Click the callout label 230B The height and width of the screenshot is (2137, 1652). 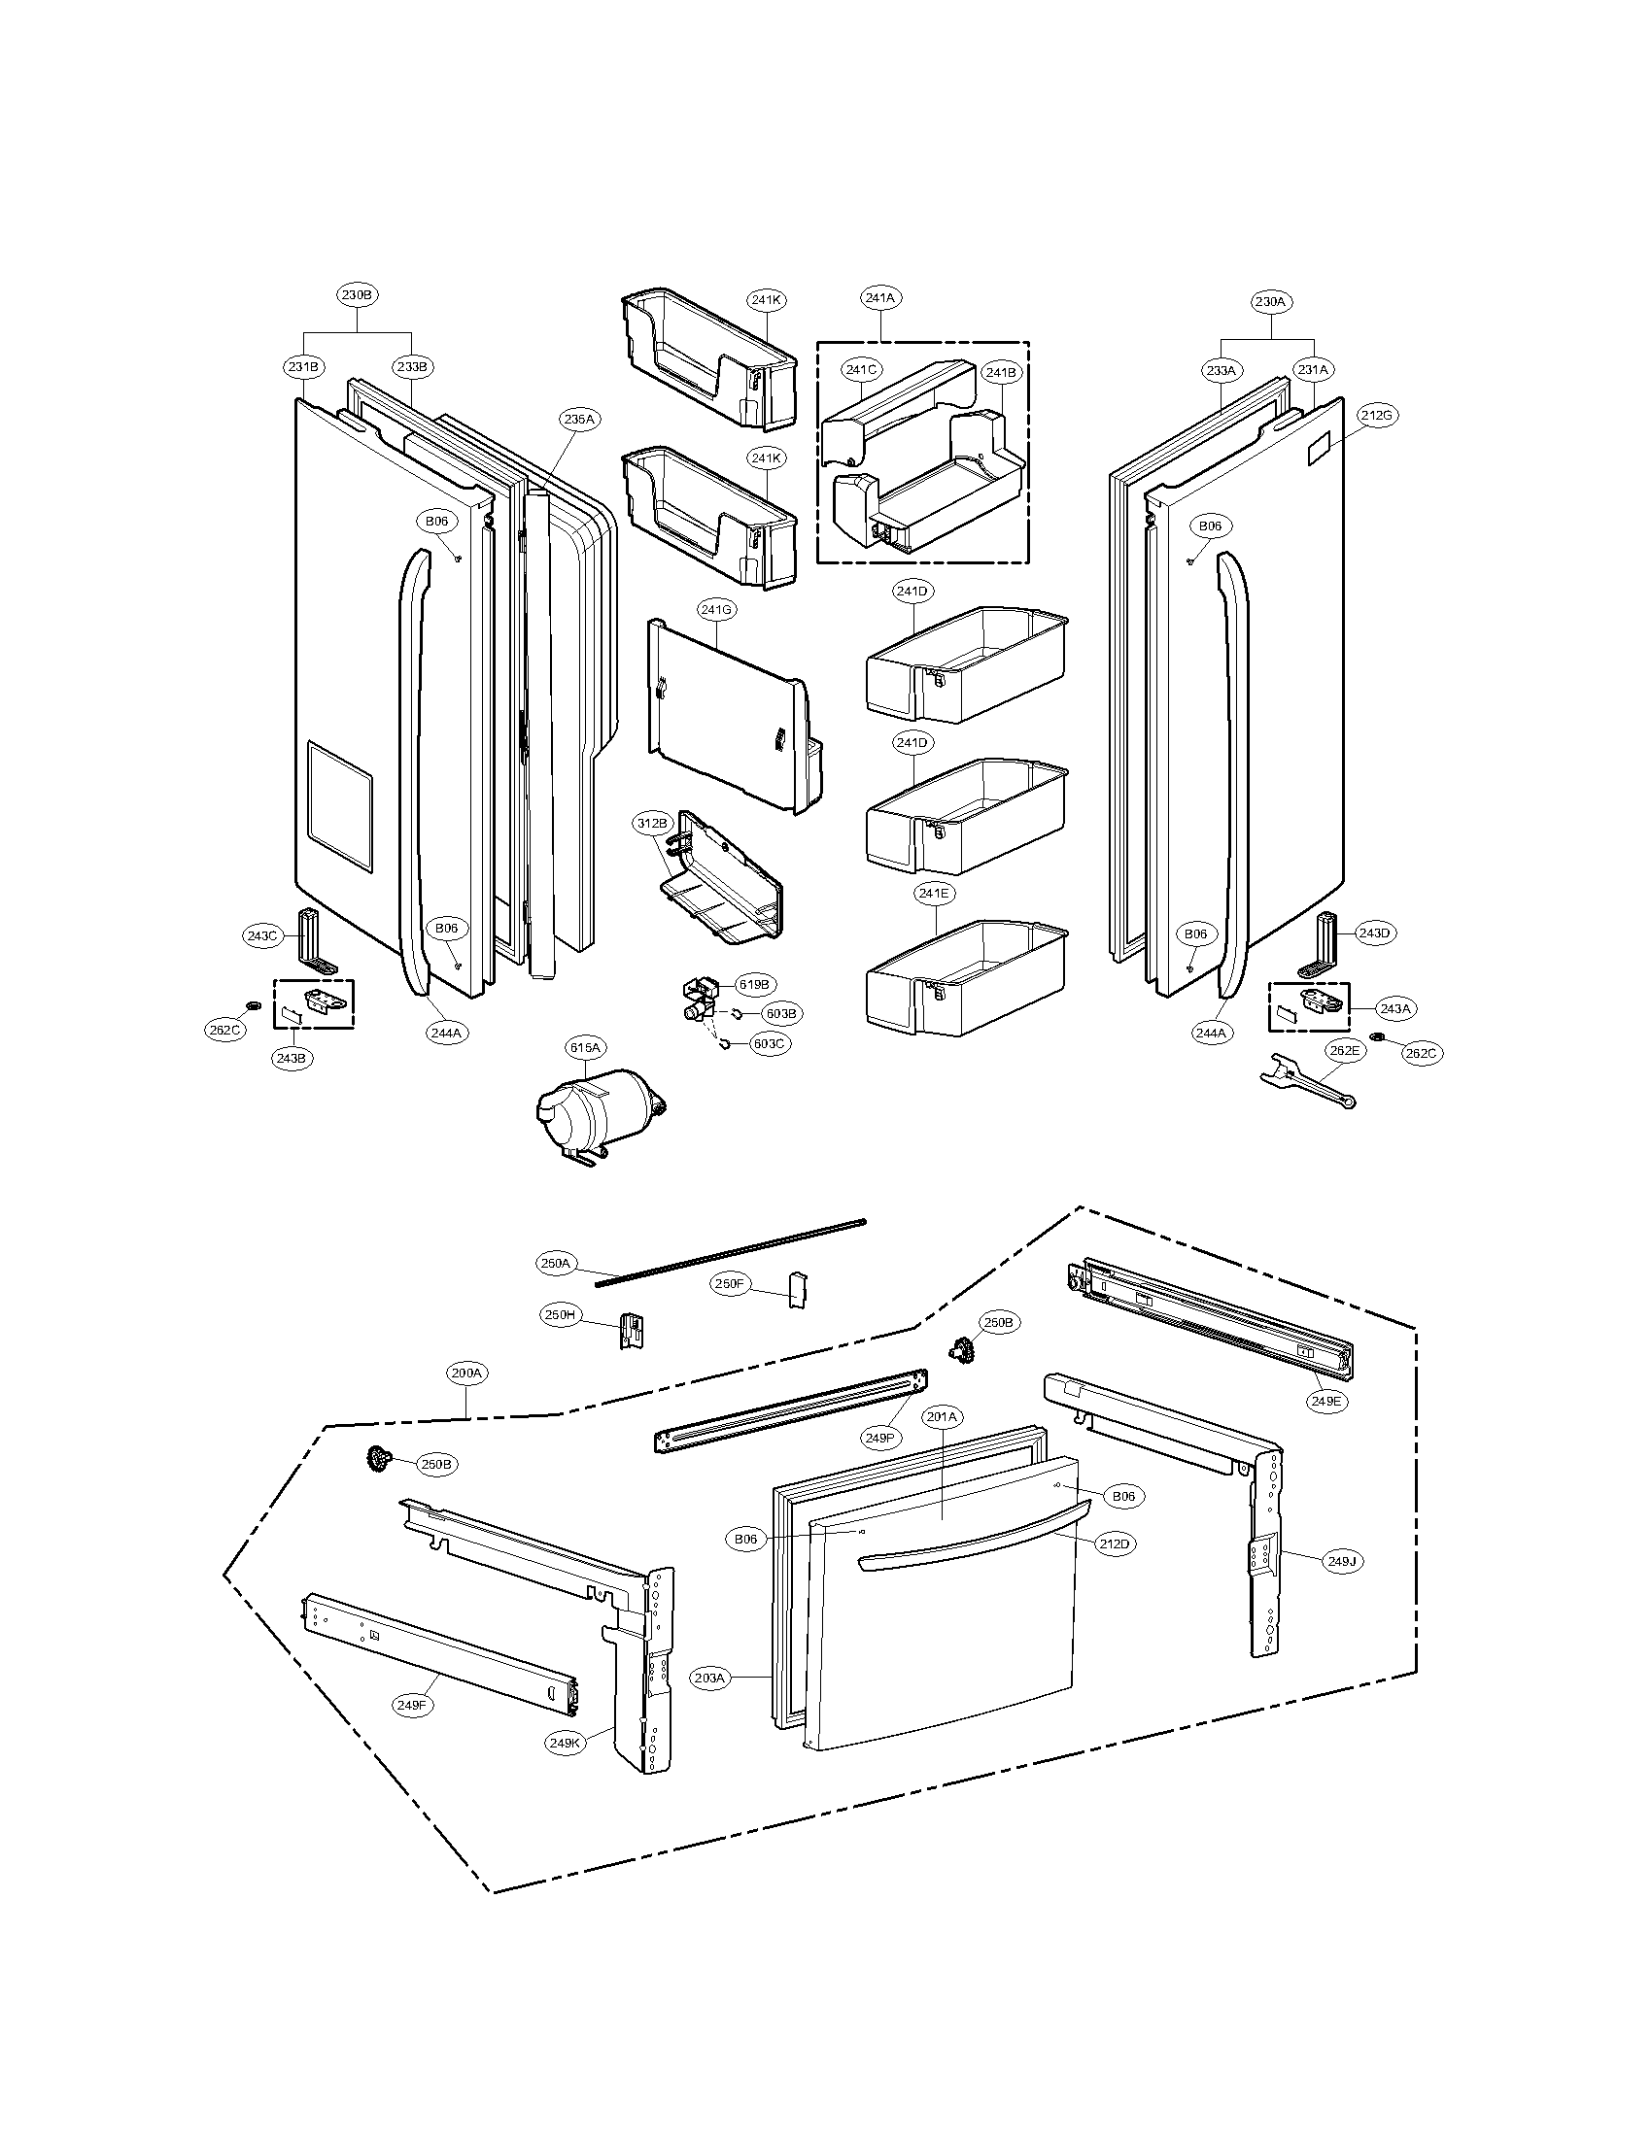tap(358, 294)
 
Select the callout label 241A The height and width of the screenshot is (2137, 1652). tap(879, 296)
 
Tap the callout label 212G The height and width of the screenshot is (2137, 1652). tap(1375, 415)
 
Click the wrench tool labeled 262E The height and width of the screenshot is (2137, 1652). tap(1303, 1083)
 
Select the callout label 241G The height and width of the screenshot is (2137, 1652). tap(717, 610)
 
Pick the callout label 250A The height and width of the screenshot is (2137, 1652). tap(555, 1263)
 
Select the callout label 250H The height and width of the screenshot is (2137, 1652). tap(560, 1315)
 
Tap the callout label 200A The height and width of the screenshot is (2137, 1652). tap(466, 1373)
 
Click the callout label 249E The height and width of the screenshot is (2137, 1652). tap(1327, 1401)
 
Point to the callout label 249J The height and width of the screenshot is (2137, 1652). tap(1341, 1563)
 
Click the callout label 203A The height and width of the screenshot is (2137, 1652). tap(709, 1679)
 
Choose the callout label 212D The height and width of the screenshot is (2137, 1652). tap(1114, 1543)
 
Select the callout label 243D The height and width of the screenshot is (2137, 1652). tap(1373, 933)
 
